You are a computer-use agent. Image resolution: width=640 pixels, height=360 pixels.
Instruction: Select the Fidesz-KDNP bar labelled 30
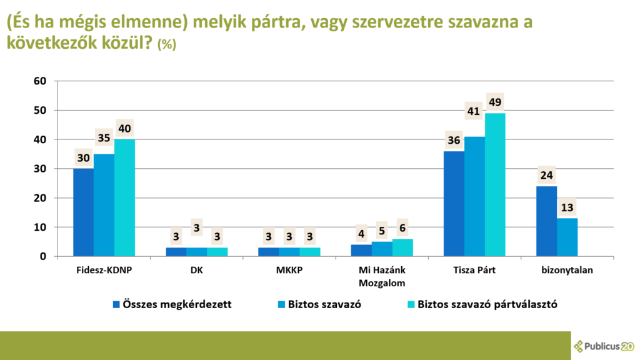coord(84,212)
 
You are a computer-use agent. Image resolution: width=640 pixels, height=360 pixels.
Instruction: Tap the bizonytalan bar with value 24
coord(547,221)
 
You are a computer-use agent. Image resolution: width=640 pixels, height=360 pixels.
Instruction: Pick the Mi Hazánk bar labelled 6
coord(402,247)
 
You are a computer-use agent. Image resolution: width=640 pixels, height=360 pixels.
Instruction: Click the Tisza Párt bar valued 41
coord(474,196)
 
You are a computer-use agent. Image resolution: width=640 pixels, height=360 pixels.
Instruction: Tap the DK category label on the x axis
coord(197,271)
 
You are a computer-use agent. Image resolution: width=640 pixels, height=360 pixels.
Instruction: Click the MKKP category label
coord(290,271)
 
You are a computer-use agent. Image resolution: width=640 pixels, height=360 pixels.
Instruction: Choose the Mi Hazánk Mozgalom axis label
coord(382,276)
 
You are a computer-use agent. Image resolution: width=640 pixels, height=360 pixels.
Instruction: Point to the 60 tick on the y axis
coord(40,81)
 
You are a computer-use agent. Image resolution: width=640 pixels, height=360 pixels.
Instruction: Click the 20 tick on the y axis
coord(40,198)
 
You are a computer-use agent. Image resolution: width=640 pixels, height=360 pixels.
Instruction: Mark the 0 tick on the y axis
coord(43,257)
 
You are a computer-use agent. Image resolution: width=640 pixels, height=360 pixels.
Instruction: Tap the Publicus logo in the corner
coord(604,346)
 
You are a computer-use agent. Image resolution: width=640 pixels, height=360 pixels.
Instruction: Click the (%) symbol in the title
coord(167,45)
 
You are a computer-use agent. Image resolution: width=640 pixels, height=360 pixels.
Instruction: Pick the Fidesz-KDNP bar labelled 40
coord(124,197)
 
